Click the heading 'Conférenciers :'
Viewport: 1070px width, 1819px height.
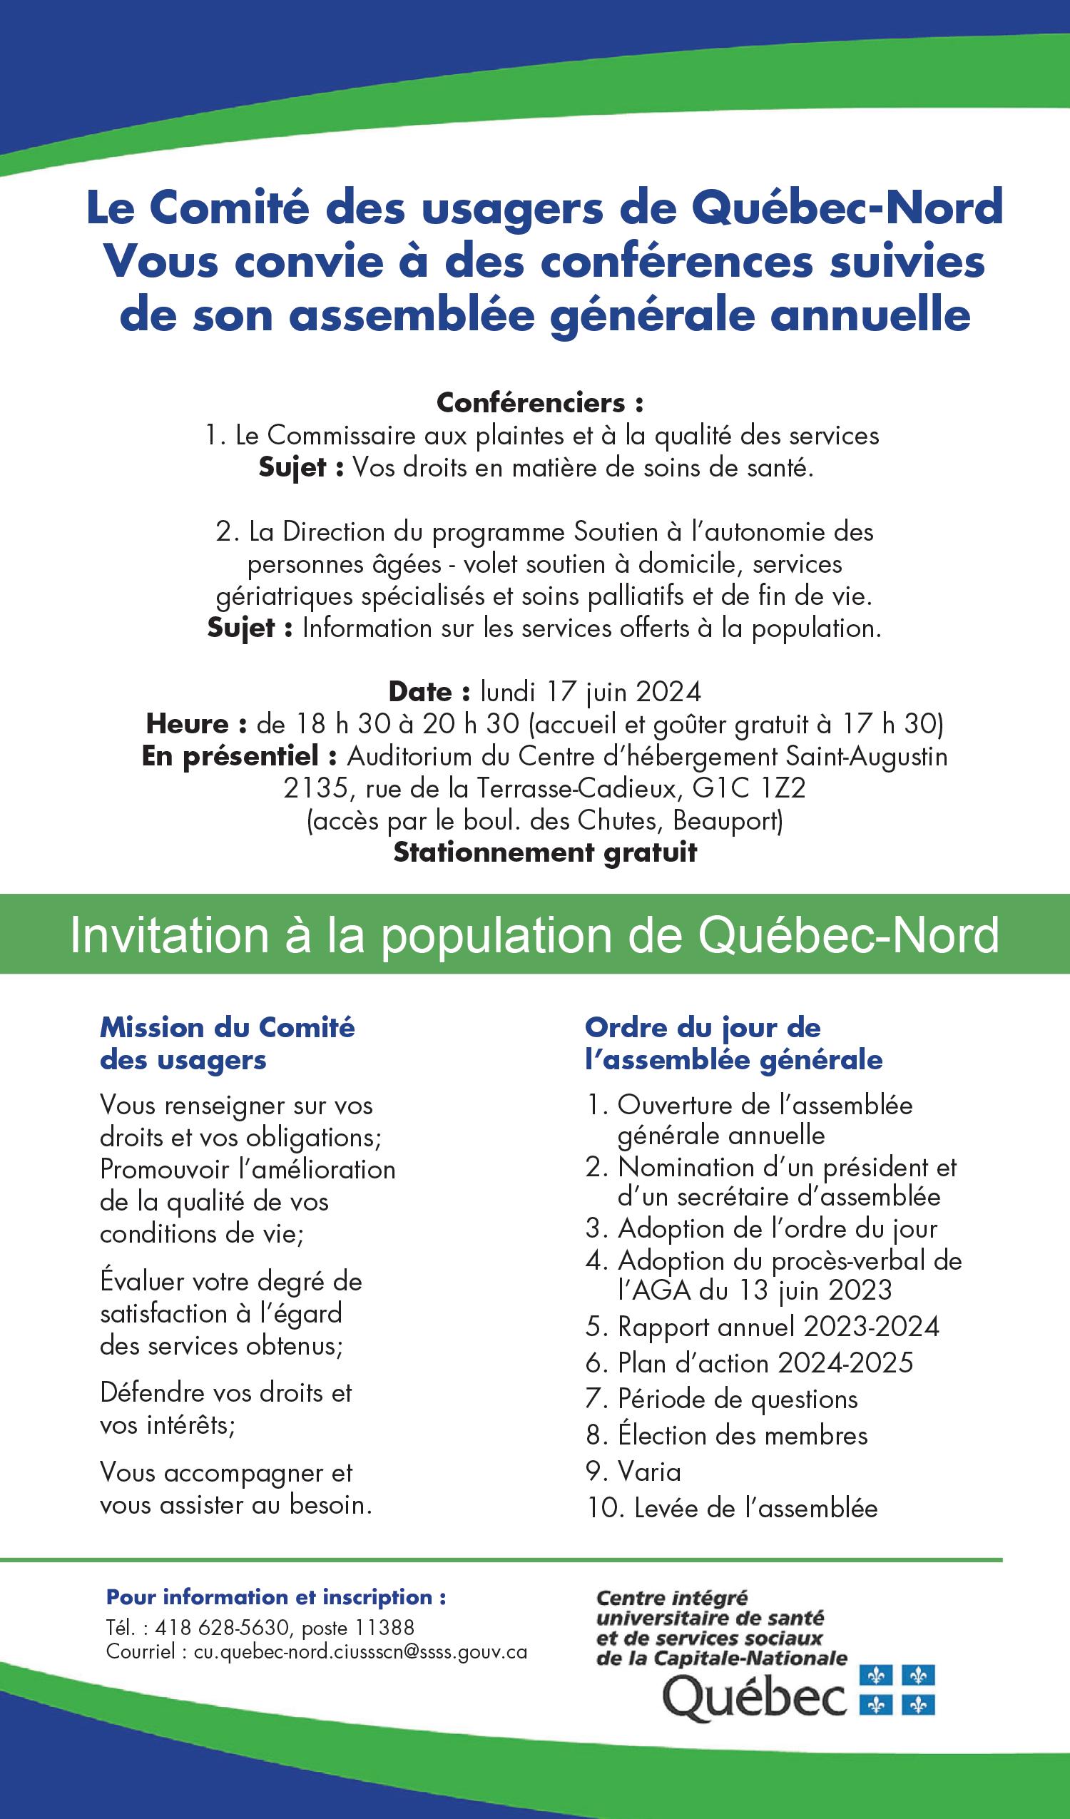(x=540, y=403)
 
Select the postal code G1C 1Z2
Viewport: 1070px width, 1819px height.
(x=749, y=788)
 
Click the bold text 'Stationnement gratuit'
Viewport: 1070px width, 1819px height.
(x=545, y=852)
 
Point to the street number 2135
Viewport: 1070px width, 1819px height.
(x=315, y=788)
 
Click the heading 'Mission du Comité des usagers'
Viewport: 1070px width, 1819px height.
(x=228, y=1043)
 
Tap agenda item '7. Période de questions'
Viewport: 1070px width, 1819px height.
(x=722, y=1399)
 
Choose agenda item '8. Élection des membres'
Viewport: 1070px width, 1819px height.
(x=727, y=1435)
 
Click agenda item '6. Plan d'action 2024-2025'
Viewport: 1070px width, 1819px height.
(x=750, y=1362)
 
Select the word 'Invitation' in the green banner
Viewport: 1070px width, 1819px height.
(x=169, y=935)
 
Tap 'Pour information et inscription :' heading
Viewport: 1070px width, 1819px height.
(x=277, y=1597)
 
